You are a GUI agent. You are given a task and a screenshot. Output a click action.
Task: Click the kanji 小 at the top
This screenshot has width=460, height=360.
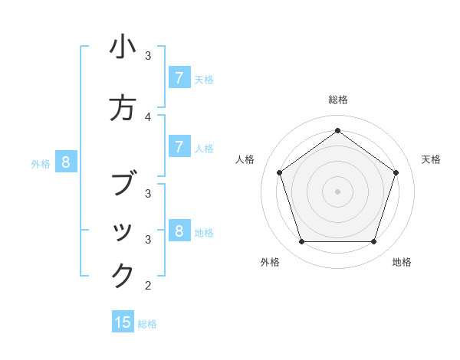point(123,47)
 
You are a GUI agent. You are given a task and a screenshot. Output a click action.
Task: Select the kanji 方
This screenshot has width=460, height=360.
point(123,108)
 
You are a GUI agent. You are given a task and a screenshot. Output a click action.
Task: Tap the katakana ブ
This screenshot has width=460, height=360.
point(123,183)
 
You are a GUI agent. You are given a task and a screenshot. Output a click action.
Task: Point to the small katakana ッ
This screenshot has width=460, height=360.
point(123,233)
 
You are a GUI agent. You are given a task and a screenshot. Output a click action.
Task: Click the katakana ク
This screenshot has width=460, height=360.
point(123,275)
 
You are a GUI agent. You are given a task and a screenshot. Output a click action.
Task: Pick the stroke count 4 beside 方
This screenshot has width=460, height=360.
point(148,116)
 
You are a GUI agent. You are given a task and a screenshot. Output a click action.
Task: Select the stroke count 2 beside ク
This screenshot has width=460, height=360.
point(148,286)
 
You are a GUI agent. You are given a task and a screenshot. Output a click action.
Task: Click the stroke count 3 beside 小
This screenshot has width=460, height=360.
point(148,56)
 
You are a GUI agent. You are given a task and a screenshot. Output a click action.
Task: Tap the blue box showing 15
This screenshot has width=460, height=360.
point(123,322)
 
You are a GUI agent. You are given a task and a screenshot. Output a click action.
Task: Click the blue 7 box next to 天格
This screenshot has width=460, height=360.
point(179,78)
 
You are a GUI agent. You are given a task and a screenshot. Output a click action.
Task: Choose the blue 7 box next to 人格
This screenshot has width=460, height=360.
point(179,147)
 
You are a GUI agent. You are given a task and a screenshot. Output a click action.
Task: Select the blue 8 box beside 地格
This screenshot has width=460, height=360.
point(179,231)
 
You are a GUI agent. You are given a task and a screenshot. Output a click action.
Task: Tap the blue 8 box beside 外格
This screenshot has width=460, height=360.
point(66,162)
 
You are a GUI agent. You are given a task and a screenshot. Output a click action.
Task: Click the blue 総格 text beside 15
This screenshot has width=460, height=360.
point(147,324)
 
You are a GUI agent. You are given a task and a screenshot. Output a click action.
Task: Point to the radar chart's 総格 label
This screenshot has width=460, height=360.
point(337,100)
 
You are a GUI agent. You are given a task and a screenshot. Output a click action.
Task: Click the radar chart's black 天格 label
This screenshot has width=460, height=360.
point(431,159)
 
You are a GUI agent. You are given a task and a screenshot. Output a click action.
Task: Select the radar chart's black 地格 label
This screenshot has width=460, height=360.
point(402,262)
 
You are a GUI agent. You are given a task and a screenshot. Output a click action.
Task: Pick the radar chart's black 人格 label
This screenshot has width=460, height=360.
point(245,159)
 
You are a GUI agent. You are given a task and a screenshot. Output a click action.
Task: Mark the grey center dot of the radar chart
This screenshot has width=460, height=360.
point(337,191)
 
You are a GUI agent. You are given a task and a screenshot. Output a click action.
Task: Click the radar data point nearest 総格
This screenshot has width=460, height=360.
point(337,130)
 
